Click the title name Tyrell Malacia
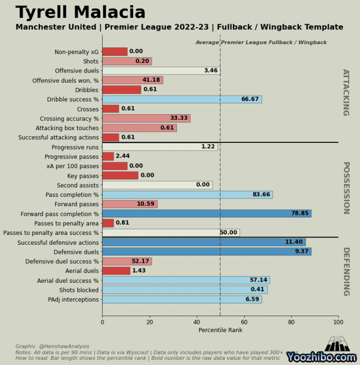pyautogui.click(x=81, y=12)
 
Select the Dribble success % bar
pyautogui.click(x=182, y=99)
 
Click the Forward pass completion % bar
pyautogui.click(x=206, y=213)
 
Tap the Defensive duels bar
pyautogui.click(x=206, y=252)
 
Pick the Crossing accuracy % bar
pyautogui.click(x=146, y=118)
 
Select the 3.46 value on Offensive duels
pyautogui.click(x=211, y=70)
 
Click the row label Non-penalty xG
pyautogui.click(x=77, y=52)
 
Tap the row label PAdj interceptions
pyautogui.click(x=73, y=300)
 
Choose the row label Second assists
pyautogui.click(x=78, y=186)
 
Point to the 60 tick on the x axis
pyautogui.click(x=244, y=322)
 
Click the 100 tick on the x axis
pyautogui.click(x=338, y=322)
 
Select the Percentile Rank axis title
pyautogui.click(x=220, y=330)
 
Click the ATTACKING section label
pyautogui.click(x=346, y=93)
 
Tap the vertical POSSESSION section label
pyautogui.click(x=346, y=188)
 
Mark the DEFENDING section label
pyautogui.click(x=346, y=271)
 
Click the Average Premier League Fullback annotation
pyautogui.click(x=261, y=43)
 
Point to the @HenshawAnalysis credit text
pyautogui.click(x=52, y=346)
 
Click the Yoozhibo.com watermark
pyautogui.click(x=321, y=357)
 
